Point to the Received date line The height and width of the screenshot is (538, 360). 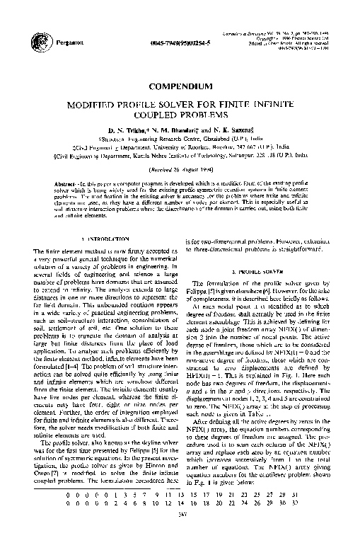coord(179,171)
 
